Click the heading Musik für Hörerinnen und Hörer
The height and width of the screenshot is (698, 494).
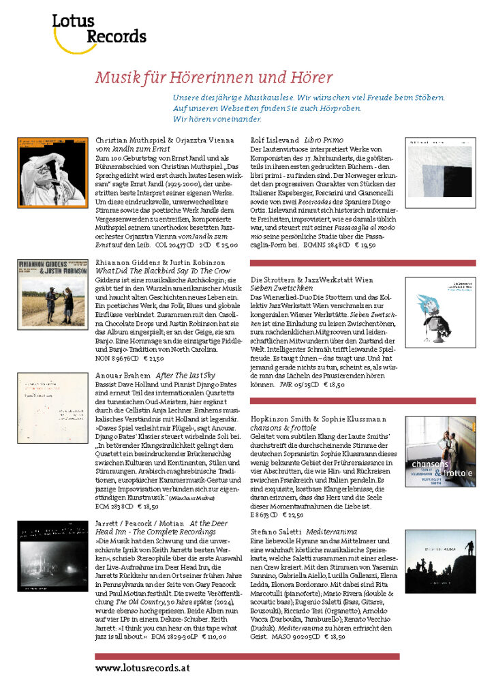[x=213, y=77]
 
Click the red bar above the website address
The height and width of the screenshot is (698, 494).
[x=247, y=656]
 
